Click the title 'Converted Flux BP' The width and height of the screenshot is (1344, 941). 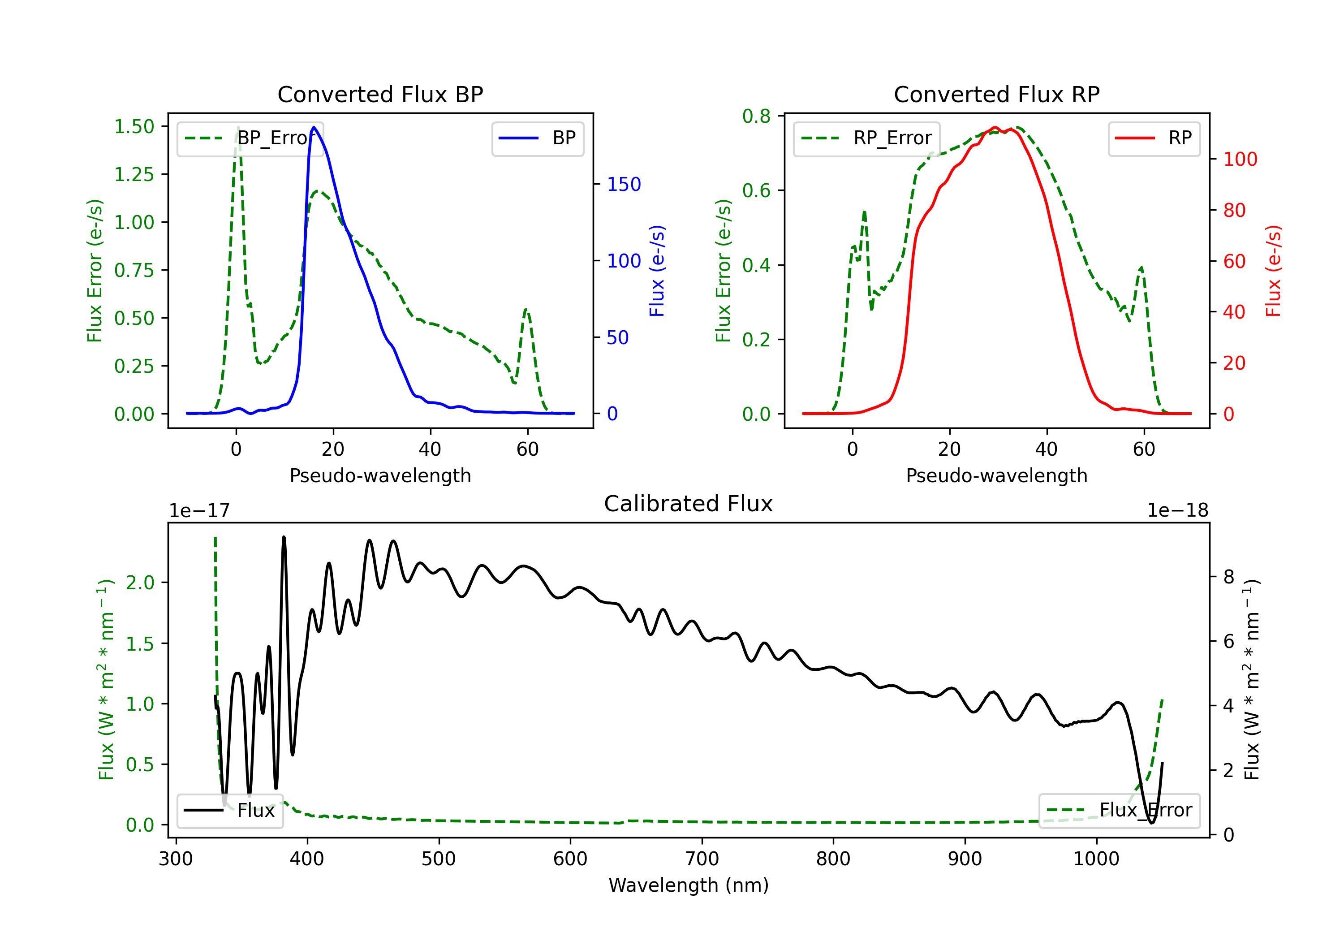[x=380, y=94]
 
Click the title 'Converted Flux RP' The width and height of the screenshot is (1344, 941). [x=996, y=94]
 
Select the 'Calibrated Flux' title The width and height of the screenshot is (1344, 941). [x=689, y=504]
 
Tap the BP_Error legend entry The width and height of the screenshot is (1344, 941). [x=250, y=138]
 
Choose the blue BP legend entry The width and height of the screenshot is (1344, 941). [x=537, y=138]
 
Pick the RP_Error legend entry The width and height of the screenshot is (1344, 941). [x=866, y=138]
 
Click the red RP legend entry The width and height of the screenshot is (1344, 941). [x=1154, y=138]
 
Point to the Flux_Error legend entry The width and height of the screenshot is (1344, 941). [x=1119, y=811]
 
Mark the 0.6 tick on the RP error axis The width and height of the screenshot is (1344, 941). [x=756, y=191]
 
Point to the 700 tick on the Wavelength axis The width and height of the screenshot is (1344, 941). [x=702, y=859]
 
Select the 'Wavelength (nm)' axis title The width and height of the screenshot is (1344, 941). [x=689, y=885]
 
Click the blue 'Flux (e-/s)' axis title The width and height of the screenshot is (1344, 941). [x=657, y=271]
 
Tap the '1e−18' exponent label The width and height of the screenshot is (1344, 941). [x=1178, y=511]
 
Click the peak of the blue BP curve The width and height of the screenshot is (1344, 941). [x=314, y=127]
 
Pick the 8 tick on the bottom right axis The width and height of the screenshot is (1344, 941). [x=1229, y=577]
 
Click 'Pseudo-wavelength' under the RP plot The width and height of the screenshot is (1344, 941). [x=996, y=475]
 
